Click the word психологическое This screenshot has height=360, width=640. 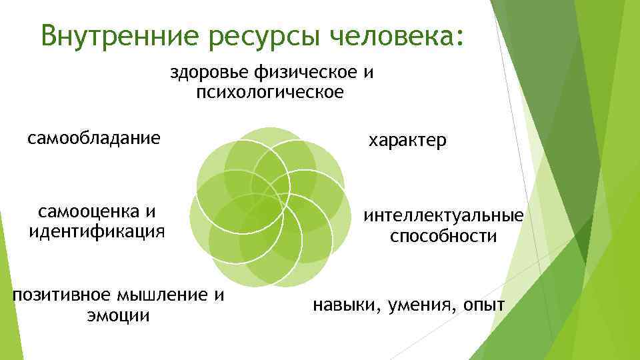point(270,91)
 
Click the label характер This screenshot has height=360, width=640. point(408,141)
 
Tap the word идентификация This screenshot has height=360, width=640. point(96,231)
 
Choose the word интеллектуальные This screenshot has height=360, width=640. point(443,216)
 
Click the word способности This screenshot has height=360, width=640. point(443,236)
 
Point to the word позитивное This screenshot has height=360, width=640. point(62,295)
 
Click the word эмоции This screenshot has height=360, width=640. point(117,315)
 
